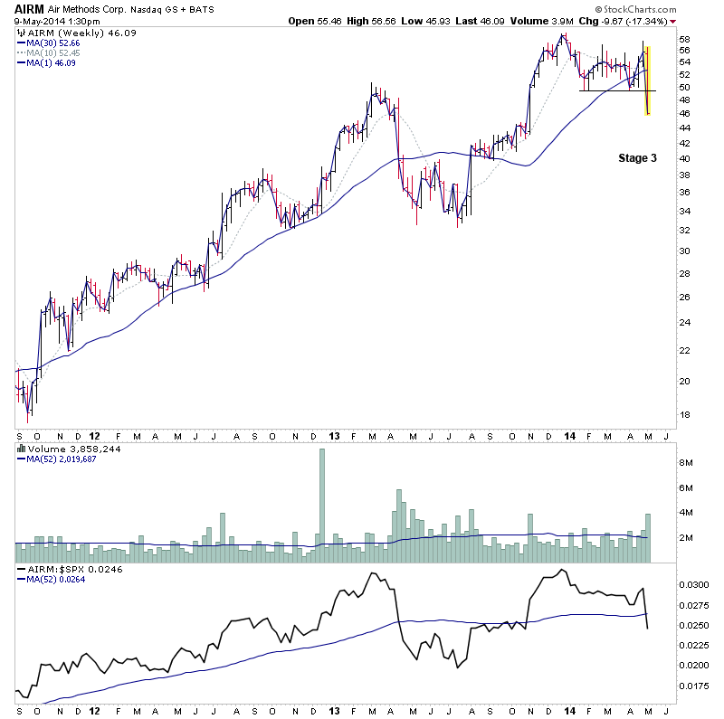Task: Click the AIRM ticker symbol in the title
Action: pyautogui.click(x=25, y=8)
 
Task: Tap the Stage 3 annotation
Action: pyautogui.click(x=637, y=158)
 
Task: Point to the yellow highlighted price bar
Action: pyautogui.click(x=647, y=80)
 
